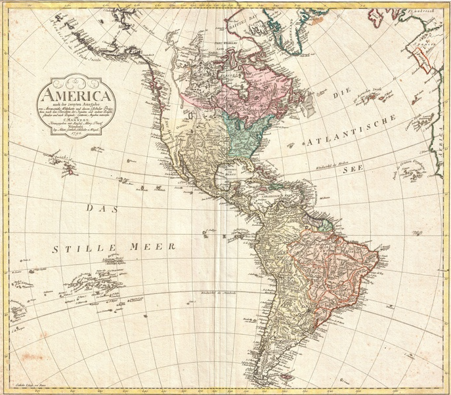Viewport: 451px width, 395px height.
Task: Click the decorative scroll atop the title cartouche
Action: tap(76, 81)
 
